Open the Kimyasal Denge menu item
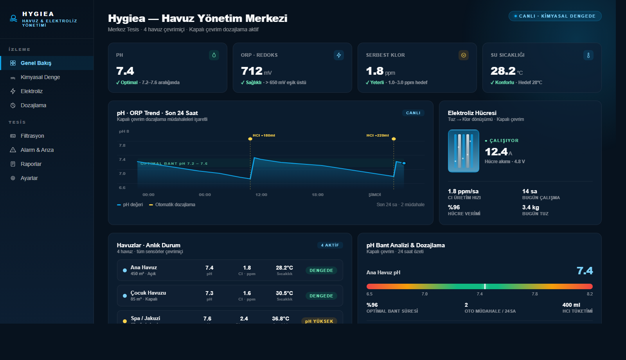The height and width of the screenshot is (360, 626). [40, 77]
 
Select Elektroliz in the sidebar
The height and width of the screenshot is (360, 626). [31, 91]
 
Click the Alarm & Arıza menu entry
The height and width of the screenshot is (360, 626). [37, 150]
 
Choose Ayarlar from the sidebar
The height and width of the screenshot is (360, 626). [29, 178]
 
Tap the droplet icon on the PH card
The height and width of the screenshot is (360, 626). [214, 55]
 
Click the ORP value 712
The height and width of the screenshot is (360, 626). [252, 71]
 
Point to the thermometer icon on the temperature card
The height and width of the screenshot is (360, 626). [588, 55]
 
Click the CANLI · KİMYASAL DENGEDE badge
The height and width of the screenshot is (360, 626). [555, 16]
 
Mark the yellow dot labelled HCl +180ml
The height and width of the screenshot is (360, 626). [250, 139]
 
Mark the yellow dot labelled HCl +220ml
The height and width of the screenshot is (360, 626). [394, 139]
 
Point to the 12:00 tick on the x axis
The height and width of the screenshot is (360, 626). [261, 195]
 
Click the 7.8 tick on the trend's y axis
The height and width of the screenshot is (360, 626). [122, 146]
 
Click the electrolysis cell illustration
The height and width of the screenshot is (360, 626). [463, 151]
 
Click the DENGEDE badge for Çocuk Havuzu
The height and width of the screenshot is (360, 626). [321, 296]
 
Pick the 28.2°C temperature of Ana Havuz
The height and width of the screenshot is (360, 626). [284, 268]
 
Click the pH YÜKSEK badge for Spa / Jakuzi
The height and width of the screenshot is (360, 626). [319, 321]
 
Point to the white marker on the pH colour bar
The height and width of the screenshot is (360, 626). [485, 286]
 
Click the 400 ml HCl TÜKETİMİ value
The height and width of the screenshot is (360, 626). [571, 305]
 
